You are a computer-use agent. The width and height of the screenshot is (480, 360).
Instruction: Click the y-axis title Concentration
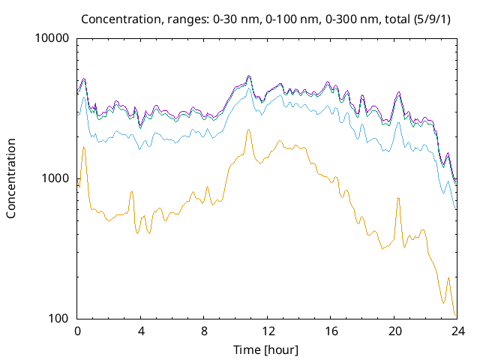click(11, 178)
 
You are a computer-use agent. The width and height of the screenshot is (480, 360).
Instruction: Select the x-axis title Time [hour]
click(267, 349)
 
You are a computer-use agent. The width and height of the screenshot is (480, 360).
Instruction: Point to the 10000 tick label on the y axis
click(52, 39)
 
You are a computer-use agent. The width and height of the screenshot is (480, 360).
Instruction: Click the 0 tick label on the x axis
click(77, 331)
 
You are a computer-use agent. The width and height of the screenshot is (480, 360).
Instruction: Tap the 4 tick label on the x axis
click(141, 331)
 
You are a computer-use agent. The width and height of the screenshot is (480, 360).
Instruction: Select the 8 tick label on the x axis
click(204, 331)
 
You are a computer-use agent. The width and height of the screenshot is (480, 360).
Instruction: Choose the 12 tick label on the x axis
click(267, 331)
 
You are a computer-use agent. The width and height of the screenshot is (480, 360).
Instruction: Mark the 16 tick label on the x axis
click(331, 331)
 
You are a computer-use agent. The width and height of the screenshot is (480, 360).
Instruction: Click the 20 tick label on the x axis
click(394, 331)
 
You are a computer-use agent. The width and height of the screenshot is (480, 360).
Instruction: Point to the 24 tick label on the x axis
click(457, 331)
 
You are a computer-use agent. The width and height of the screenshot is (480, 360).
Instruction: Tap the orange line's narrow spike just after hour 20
click(398, 198)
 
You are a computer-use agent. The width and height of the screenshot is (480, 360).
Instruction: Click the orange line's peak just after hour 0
click(84, 148)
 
